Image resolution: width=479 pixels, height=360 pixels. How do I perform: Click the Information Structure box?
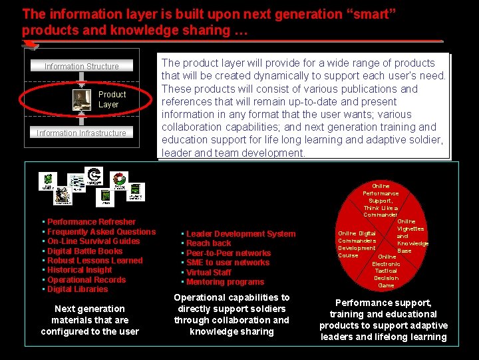tap(81, 66)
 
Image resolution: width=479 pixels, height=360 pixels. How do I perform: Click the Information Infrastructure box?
tap(81, 133)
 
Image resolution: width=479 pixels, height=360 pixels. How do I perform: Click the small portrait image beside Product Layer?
tap(82, 99)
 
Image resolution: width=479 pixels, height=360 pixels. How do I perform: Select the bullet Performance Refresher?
tap(91, 222)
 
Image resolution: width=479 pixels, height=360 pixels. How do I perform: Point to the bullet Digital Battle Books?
tap(85, 251)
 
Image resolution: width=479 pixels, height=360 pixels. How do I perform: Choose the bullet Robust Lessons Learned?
tap(95, 261)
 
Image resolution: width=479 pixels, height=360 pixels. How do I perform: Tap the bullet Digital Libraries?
tap(77, 289)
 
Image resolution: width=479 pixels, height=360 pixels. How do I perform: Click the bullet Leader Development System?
tap(240, 234)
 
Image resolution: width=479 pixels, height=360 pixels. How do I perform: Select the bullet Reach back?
tap(209, 243)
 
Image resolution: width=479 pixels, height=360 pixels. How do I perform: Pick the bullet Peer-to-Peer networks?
tap(228, 253)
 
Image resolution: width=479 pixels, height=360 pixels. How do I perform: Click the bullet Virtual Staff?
tap(209, 273)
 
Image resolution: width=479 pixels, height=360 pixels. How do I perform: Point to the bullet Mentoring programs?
tap(225, 282)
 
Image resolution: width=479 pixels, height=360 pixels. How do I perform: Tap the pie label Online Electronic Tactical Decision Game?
tap(386, 271)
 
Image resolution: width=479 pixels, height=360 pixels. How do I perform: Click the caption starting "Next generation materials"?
tap(90, 320)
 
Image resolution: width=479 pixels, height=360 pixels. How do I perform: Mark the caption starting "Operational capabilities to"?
tap(232, 314)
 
